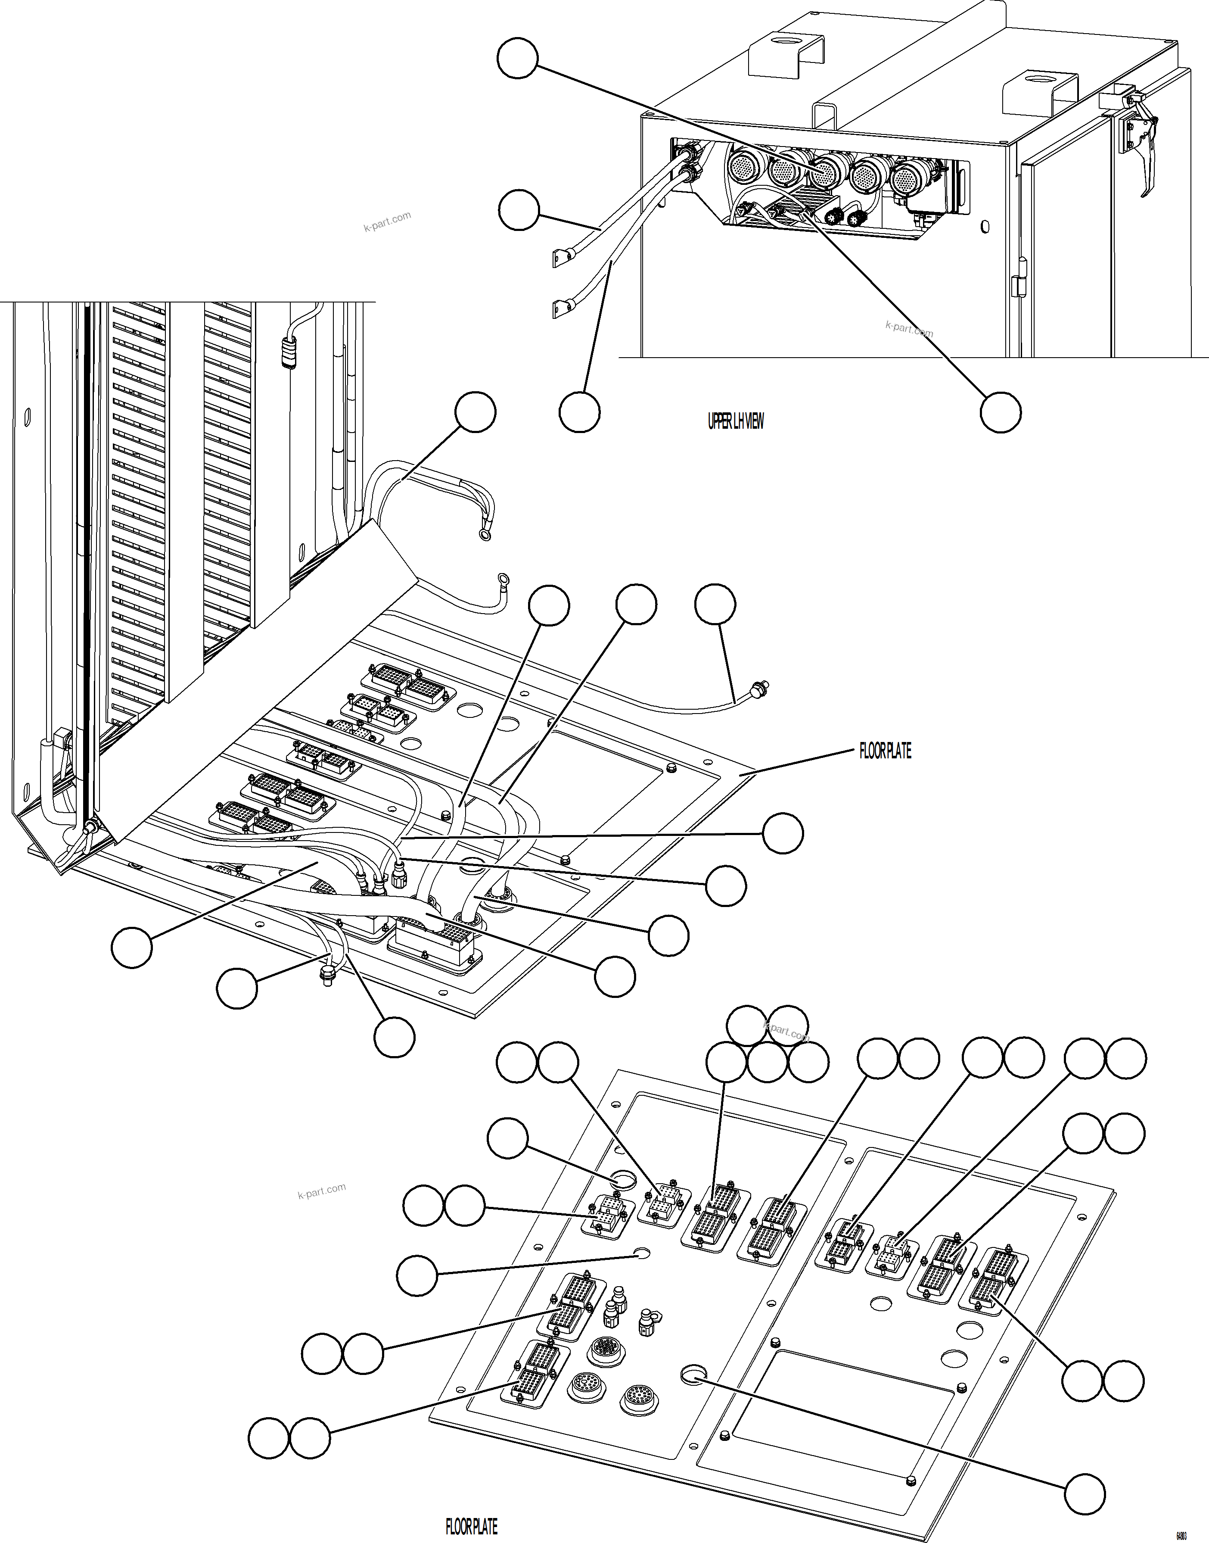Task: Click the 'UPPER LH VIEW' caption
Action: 736,422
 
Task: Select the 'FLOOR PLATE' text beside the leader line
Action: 885,751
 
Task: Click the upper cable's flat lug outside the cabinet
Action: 561,259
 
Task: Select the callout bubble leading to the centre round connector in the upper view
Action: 517,59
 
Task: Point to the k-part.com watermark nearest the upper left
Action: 386,221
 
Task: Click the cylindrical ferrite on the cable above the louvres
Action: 287,352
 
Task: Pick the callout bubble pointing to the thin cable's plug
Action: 715,604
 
